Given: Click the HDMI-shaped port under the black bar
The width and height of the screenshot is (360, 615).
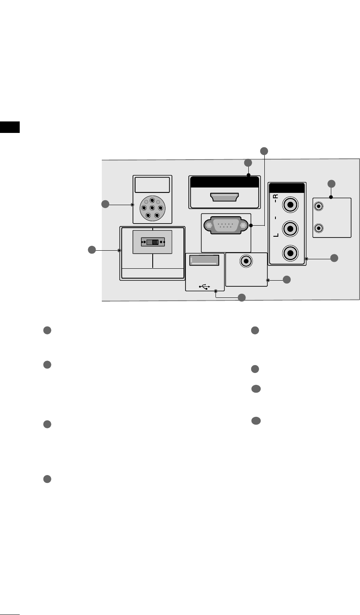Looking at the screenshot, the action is [225, 197].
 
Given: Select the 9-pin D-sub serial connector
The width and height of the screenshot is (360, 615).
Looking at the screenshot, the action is [225, 226].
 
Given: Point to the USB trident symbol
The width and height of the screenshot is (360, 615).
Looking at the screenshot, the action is [205, 286].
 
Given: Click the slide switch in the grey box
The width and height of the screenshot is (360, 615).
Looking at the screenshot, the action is [152, 242].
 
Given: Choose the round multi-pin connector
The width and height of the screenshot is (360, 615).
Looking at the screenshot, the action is [152, 208].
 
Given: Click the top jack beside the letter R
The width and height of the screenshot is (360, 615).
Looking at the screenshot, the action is [291, 203].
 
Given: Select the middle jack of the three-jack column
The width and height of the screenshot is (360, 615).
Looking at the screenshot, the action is [291, 228].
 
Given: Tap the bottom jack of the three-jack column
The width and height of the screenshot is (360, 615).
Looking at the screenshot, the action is [291, 253].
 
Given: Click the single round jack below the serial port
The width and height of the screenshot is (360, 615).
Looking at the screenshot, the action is [246, 261].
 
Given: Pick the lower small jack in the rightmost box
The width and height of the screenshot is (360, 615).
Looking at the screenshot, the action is [319, 229].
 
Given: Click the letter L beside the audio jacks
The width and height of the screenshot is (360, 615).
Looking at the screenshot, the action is [275, 235].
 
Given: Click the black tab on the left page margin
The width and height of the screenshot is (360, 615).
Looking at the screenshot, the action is [10, 127].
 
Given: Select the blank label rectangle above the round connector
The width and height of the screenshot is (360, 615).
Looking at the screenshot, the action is [152, 185].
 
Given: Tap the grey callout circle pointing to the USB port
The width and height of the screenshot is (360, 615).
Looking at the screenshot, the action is [242, 297].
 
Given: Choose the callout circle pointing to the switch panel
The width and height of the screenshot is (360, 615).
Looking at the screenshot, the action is [92, 250].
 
